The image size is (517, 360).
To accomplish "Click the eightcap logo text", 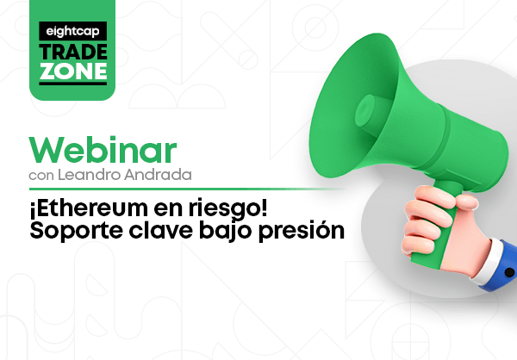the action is coord(72,32).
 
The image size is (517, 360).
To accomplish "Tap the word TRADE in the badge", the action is coord(73,52).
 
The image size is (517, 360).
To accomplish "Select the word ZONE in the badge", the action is coord(73,71).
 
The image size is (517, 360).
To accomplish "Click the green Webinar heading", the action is coord(103,150).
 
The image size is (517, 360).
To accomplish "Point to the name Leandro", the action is coord(90,175).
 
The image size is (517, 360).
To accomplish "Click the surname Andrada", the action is coord(158,175).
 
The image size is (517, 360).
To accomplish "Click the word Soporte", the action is coord(77,230).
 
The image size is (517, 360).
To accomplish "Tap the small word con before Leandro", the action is coord(41,176).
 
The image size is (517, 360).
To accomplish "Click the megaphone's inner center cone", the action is coord(365,110).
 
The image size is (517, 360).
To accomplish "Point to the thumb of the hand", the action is coord(466,202).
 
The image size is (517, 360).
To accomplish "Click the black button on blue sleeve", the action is coord(509,272).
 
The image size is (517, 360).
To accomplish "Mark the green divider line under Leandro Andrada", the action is coord(187,189).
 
